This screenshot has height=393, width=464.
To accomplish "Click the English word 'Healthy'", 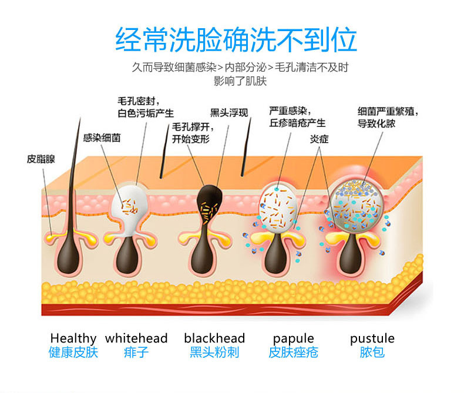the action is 73,338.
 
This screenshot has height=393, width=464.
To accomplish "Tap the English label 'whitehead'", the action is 136,338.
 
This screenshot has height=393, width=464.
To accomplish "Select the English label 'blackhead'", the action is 214,338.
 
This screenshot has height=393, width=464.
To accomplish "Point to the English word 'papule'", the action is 293,339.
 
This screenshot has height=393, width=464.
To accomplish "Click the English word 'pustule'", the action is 372,339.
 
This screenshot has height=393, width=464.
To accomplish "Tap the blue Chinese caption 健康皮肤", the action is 73,352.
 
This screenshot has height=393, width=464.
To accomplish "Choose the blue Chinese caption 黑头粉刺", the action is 214,352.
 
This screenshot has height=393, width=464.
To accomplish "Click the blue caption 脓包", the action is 372,352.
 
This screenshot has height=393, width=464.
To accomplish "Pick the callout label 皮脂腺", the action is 41,159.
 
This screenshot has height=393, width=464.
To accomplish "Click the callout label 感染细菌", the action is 102,138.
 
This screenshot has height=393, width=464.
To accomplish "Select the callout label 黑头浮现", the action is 229,113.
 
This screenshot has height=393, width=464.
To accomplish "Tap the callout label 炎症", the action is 320,139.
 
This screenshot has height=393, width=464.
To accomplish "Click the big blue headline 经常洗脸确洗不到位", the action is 236,40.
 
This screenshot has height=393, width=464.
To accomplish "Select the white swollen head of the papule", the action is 278,207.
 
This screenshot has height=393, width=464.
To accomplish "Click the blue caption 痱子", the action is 136,352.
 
